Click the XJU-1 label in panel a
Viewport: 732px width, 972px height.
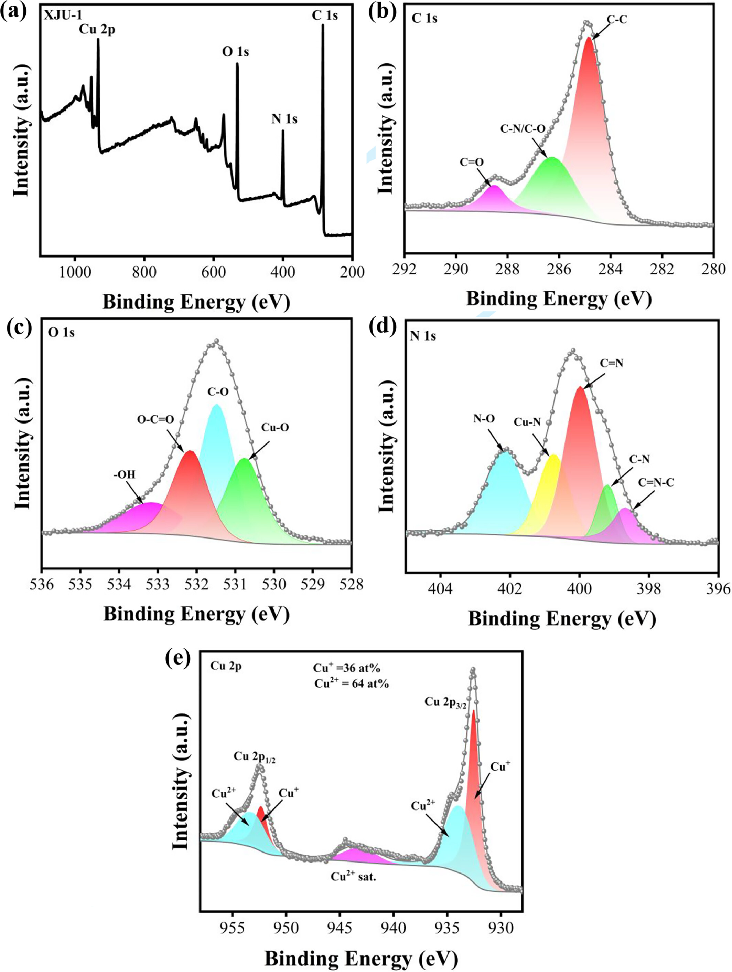point(59,17)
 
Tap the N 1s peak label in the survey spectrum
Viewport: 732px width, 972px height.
point(284,119)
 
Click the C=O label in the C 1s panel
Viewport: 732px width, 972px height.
point(472,162)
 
